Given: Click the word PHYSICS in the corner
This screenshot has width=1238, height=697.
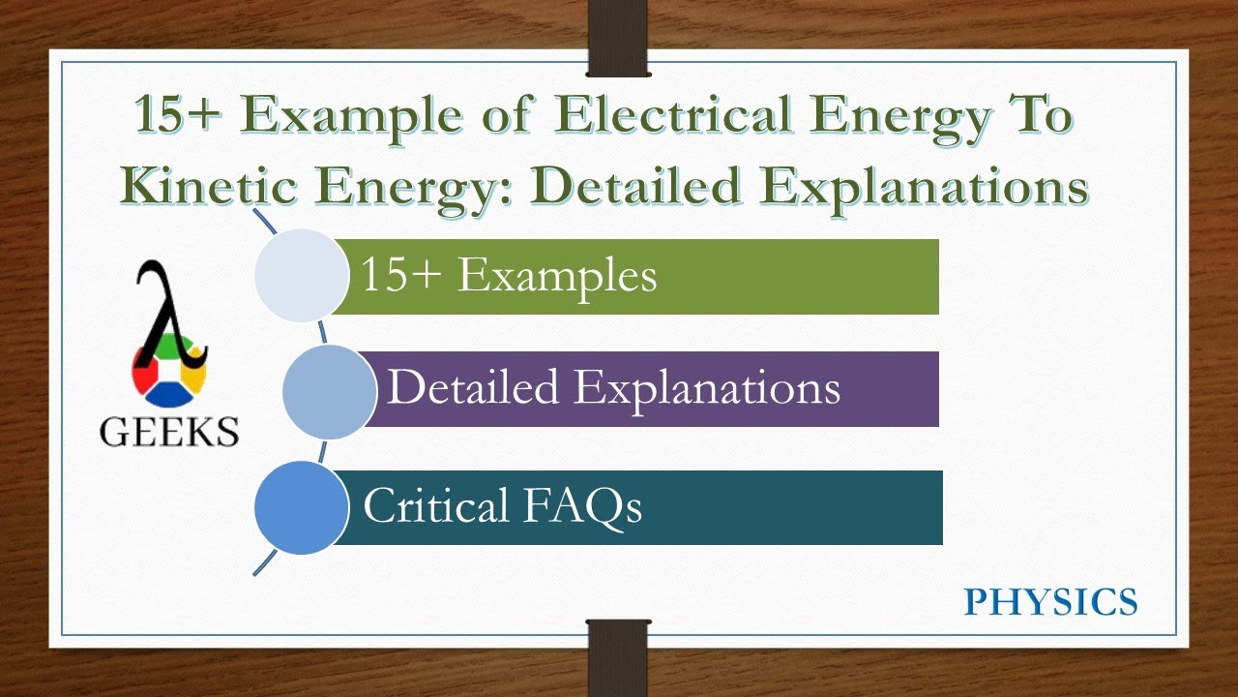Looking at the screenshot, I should coord(1050,602).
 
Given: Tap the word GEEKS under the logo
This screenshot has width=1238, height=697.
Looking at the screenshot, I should coord(169,432).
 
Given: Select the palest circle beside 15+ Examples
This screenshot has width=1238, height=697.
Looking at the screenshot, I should coord(301,275).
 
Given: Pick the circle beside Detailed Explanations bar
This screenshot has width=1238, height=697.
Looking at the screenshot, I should coord(329,389).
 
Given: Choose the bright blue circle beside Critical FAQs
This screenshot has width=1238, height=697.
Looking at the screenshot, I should coord(301,507).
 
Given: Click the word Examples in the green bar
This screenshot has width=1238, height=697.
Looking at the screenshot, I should coord(556,276).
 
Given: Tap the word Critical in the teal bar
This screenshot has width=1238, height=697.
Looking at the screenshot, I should coord(435,506).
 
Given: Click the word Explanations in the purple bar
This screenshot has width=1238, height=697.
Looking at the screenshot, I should coord(707,388).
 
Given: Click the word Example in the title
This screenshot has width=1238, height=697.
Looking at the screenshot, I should coord(373,117).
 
